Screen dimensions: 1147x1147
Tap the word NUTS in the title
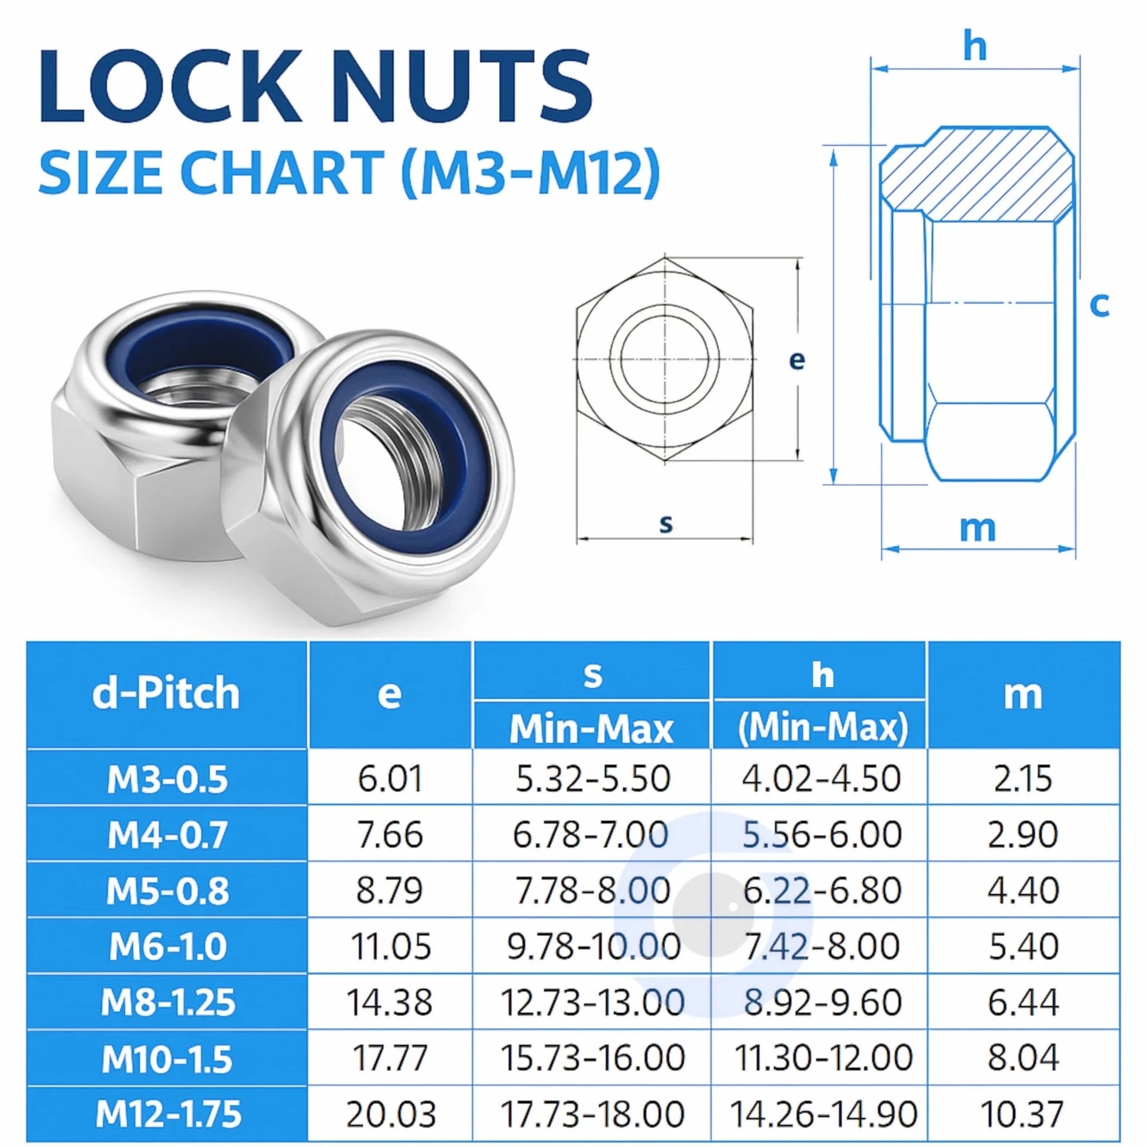point(462,87)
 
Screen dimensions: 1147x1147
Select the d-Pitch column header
point(166,693)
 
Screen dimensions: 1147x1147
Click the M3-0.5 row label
point(167,779)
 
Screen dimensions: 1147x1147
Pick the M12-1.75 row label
point(169,1114)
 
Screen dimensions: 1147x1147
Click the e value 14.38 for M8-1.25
point(390,1002)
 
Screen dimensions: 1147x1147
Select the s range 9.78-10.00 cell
point(593,946)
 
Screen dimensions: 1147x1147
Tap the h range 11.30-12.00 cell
point(823,1058)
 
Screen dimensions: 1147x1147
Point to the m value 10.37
point(1023,1114)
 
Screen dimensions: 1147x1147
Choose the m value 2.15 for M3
point(1023,779)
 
